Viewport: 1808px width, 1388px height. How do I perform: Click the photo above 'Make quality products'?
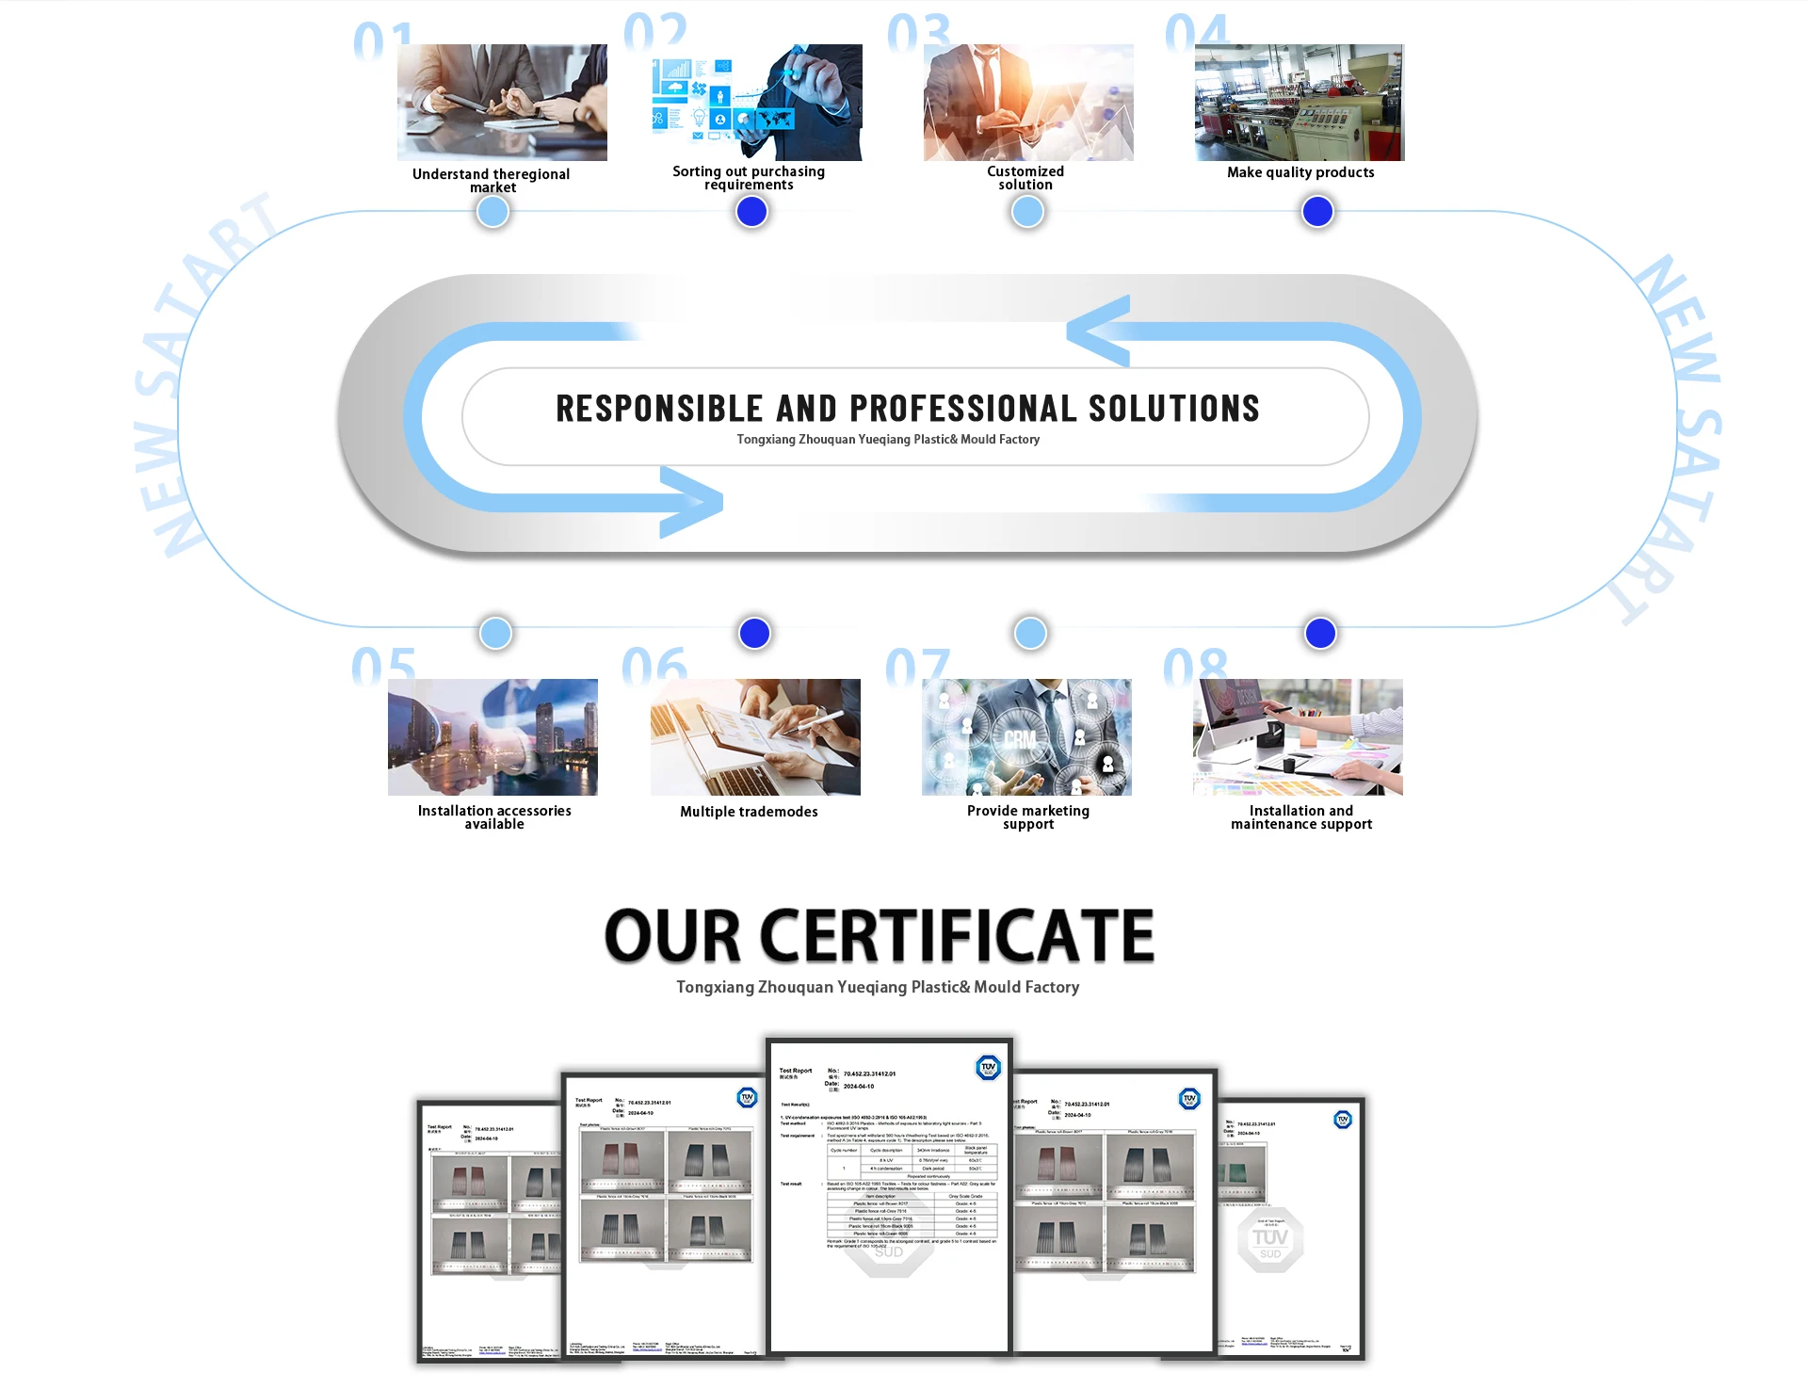1299,103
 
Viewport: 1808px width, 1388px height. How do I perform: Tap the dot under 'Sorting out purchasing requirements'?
751,212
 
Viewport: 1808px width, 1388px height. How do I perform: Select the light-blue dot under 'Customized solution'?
1027,212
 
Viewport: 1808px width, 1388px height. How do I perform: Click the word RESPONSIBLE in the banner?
659,409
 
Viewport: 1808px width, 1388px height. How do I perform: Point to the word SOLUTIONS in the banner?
1173,409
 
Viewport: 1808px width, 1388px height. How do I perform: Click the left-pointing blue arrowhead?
1100,331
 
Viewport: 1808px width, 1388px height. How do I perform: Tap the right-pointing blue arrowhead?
691,502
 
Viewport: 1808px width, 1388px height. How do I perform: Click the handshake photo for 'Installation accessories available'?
492,737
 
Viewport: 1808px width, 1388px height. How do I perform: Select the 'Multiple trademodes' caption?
749,812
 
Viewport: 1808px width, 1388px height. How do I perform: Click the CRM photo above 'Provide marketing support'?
1026,737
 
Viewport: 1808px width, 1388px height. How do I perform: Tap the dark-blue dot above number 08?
1320,633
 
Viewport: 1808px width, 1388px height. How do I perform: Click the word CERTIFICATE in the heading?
956,936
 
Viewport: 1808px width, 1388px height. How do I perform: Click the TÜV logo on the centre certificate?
988,1068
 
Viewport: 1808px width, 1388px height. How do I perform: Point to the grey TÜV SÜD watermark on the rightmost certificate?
1269,1240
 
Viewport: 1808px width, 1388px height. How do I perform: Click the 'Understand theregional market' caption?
492,181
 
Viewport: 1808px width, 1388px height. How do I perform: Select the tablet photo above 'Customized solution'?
1028,103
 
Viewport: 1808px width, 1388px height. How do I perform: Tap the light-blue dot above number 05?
495,633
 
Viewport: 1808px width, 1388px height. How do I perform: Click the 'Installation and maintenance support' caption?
1301,817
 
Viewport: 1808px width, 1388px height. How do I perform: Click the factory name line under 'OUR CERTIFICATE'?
878,987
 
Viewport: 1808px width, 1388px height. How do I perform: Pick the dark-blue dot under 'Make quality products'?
1317,212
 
